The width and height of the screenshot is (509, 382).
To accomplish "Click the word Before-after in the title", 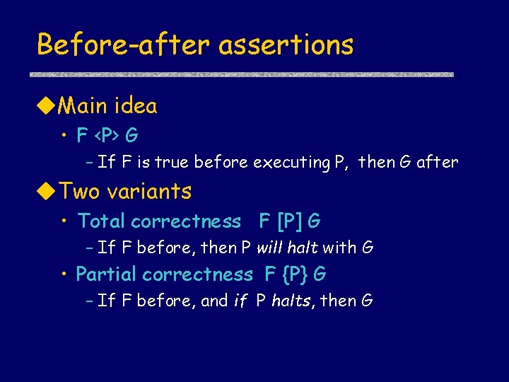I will (x=124, y=45).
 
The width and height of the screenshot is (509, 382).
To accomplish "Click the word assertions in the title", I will (x=286, y=45).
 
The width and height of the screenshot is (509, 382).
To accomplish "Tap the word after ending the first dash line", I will (x=437, y=162).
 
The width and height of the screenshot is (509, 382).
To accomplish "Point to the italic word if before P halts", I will (x=240, y=301).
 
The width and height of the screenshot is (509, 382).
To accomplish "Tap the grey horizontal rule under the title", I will (x=245, y=74).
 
